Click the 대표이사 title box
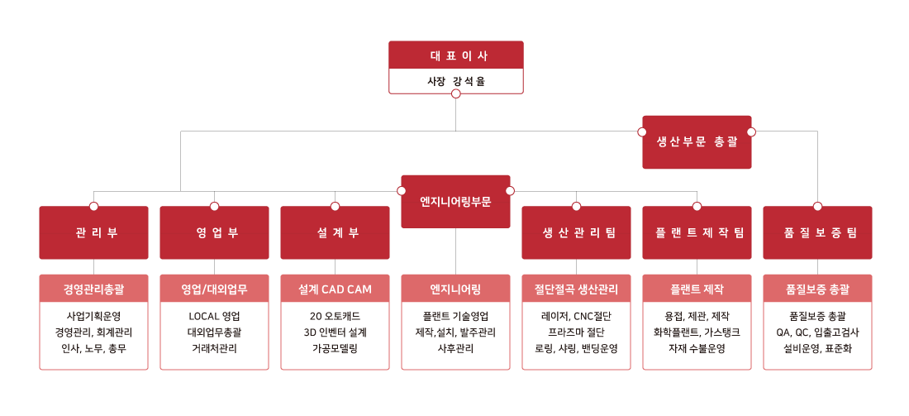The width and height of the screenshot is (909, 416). (455, 55)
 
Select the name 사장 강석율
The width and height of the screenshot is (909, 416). (455, 81)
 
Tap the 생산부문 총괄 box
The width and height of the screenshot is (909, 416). (697, 141)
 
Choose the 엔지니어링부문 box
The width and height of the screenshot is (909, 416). (455, 201)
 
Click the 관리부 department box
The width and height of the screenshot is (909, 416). (93, 232)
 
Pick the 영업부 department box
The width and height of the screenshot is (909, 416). (214, 232)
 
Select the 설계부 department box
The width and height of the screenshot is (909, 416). (335, 232)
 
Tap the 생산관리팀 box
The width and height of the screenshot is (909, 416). (576, 232)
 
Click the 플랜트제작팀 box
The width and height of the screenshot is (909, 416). (697, 232)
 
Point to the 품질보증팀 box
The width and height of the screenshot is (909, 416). (817, 232)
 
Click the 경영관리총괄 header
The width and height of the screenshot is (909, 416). (93, 289)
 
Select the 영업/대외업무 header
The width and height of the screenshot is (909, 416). (214, 289)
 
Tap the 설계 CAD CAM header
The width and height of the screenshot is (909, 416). (335, 289)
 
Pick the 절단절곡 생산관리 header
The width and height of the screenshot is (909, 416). (576, 289)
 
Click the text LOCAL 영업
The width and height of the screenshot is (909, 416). (214, 316)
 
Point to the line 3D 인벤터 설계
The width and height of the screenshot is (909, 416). (335, 332)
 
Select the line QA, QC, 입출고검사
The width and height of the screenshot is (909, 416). (817, 332)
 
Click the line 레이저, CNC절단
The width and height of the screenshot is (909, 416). (576, 316)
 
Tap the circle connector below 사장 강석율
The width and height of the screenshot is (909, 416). (455, 93)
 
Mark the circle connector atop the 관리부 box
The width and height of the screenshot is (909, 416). (93, 206)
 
